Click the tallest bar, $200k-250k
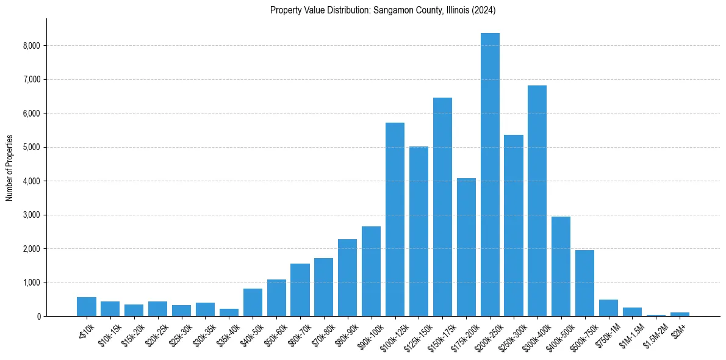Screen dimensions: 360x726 pyautogui.click(x=490, y=175)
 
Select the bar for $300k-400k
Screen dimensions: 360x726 pyautogui.click(x=537, y=201)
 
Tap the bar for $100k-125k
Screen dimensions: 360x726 pyautogui.click(x=395, y=220)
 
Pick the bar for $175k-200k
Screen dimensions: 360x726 pyautogui.click(x=466, y=247)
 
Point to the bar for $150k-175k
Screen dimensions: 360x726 pyautogui.click(x=442, y=207)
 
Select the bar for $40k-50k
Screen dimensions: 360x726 pyautogui.click(x=253, y=303)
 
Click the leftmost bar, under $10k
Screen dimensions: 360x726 pyautogui.click(x=87, y=307)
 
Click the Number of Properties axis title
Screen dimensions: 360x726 pyautogui.click(x=9, y=168)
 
